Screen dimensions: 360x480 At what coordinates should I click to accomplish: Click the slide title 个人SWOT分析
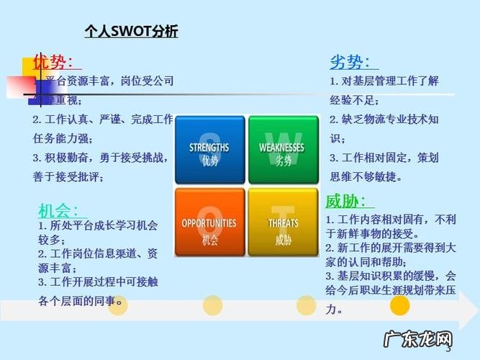coord(131,32)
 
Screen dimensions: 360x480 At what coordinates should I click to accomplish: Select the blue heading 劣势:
coord(350,63)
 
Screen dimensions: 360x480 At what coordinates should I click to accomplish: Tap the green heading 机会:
coord(59,210)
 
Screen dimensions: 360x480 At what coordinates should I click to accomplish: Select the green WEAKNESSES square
coord(281,149)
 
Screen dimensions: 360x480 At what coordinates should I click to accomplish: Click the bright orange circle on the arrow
coord(399,305)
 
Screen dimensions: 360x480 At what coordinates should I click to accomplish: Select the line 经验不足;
coord(354,100)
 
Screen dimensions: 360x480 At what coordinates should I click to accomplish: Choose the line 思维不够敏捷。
coord(366,176)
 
